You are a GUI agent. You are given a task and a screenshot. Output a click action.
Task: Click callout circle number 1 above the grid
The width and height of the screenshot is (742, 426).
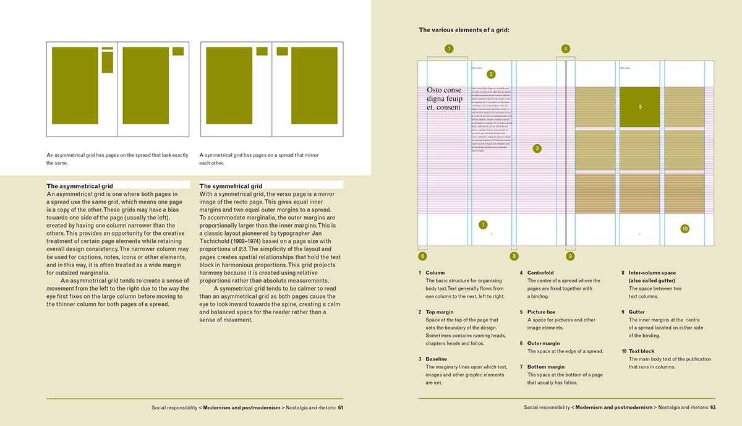point(449,48)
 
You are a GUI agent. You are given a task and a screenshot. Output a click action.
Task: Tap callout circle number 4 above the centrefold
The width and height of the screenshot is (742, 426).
point(566,48)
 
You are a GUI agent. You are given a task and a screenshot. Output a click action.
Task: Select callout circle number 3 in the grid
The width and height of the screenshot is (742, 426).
point(537,148)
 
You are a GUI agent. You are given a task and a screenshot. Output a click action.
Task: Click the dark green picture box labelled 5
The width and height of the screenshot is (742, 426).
point(640,107)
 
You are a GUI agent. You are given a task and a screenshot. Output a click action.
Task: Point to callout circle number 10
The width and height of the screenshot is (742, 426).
point(684,229)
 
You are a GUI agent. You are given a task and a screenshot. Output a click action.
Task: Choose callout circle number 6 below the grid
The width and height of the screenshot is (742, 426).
point(422,255)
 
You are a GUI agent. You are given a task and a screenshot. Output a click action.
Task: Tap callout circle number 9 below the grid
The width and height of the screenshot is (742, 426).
point(570,255)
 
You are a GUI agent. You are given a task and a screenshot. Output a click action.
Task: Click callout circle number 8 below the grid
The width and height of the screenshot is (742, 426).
point(514,255)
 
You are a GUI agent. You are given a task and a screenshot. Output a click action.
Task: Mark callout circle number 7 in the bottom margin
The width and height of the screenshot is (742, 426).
point(483,224)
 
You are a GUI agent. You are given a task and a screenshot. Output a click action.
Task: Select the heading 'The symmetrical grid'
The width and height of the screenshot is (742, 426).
point(231,185)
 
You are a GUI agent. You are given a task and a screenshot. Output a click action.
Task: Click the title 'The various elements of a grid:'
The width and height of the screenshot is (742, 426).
point(464,30)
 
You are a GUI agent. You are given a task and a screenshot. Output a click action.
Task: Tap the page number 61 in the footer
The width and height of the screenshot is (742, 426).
point(340,407)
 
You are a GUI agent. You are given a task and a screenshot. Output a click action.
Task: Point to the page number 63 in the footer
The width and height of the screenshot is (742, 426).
point(712,407)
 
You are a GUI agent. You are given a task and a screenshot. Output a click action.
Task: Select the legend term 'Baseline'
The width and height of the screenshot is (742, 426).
point(436,359)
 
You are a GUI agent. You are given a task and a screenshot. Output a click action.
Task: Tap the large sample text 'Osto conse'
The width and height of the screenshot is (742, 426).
point(444,90)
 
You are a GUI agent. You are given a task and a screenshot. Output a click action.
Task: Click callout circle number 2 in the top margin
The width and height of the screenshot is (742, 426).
point(491,74)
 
